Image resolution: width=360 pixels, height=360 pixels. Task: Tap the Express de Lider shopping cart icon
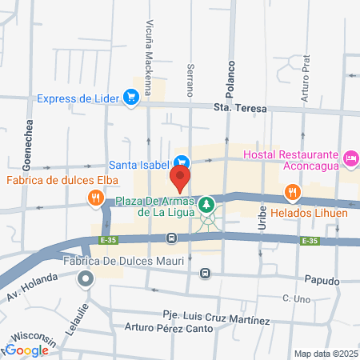click(x=132, y=98)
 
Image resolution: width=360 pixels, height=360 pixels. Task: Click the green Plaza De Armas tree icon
click(x=207, y=204)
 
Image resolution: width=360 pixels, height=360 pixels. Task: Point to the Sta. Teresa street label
click(x=239, y=109)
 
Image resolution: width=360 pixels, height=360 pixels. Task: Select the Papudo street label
click(x=322, y=282)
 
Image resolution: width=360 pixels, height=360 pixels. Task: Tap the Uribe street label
click(x=262, y=220)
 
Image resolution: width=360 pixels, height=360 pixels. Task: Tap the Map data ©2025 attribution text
click(x=325, y=354)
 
